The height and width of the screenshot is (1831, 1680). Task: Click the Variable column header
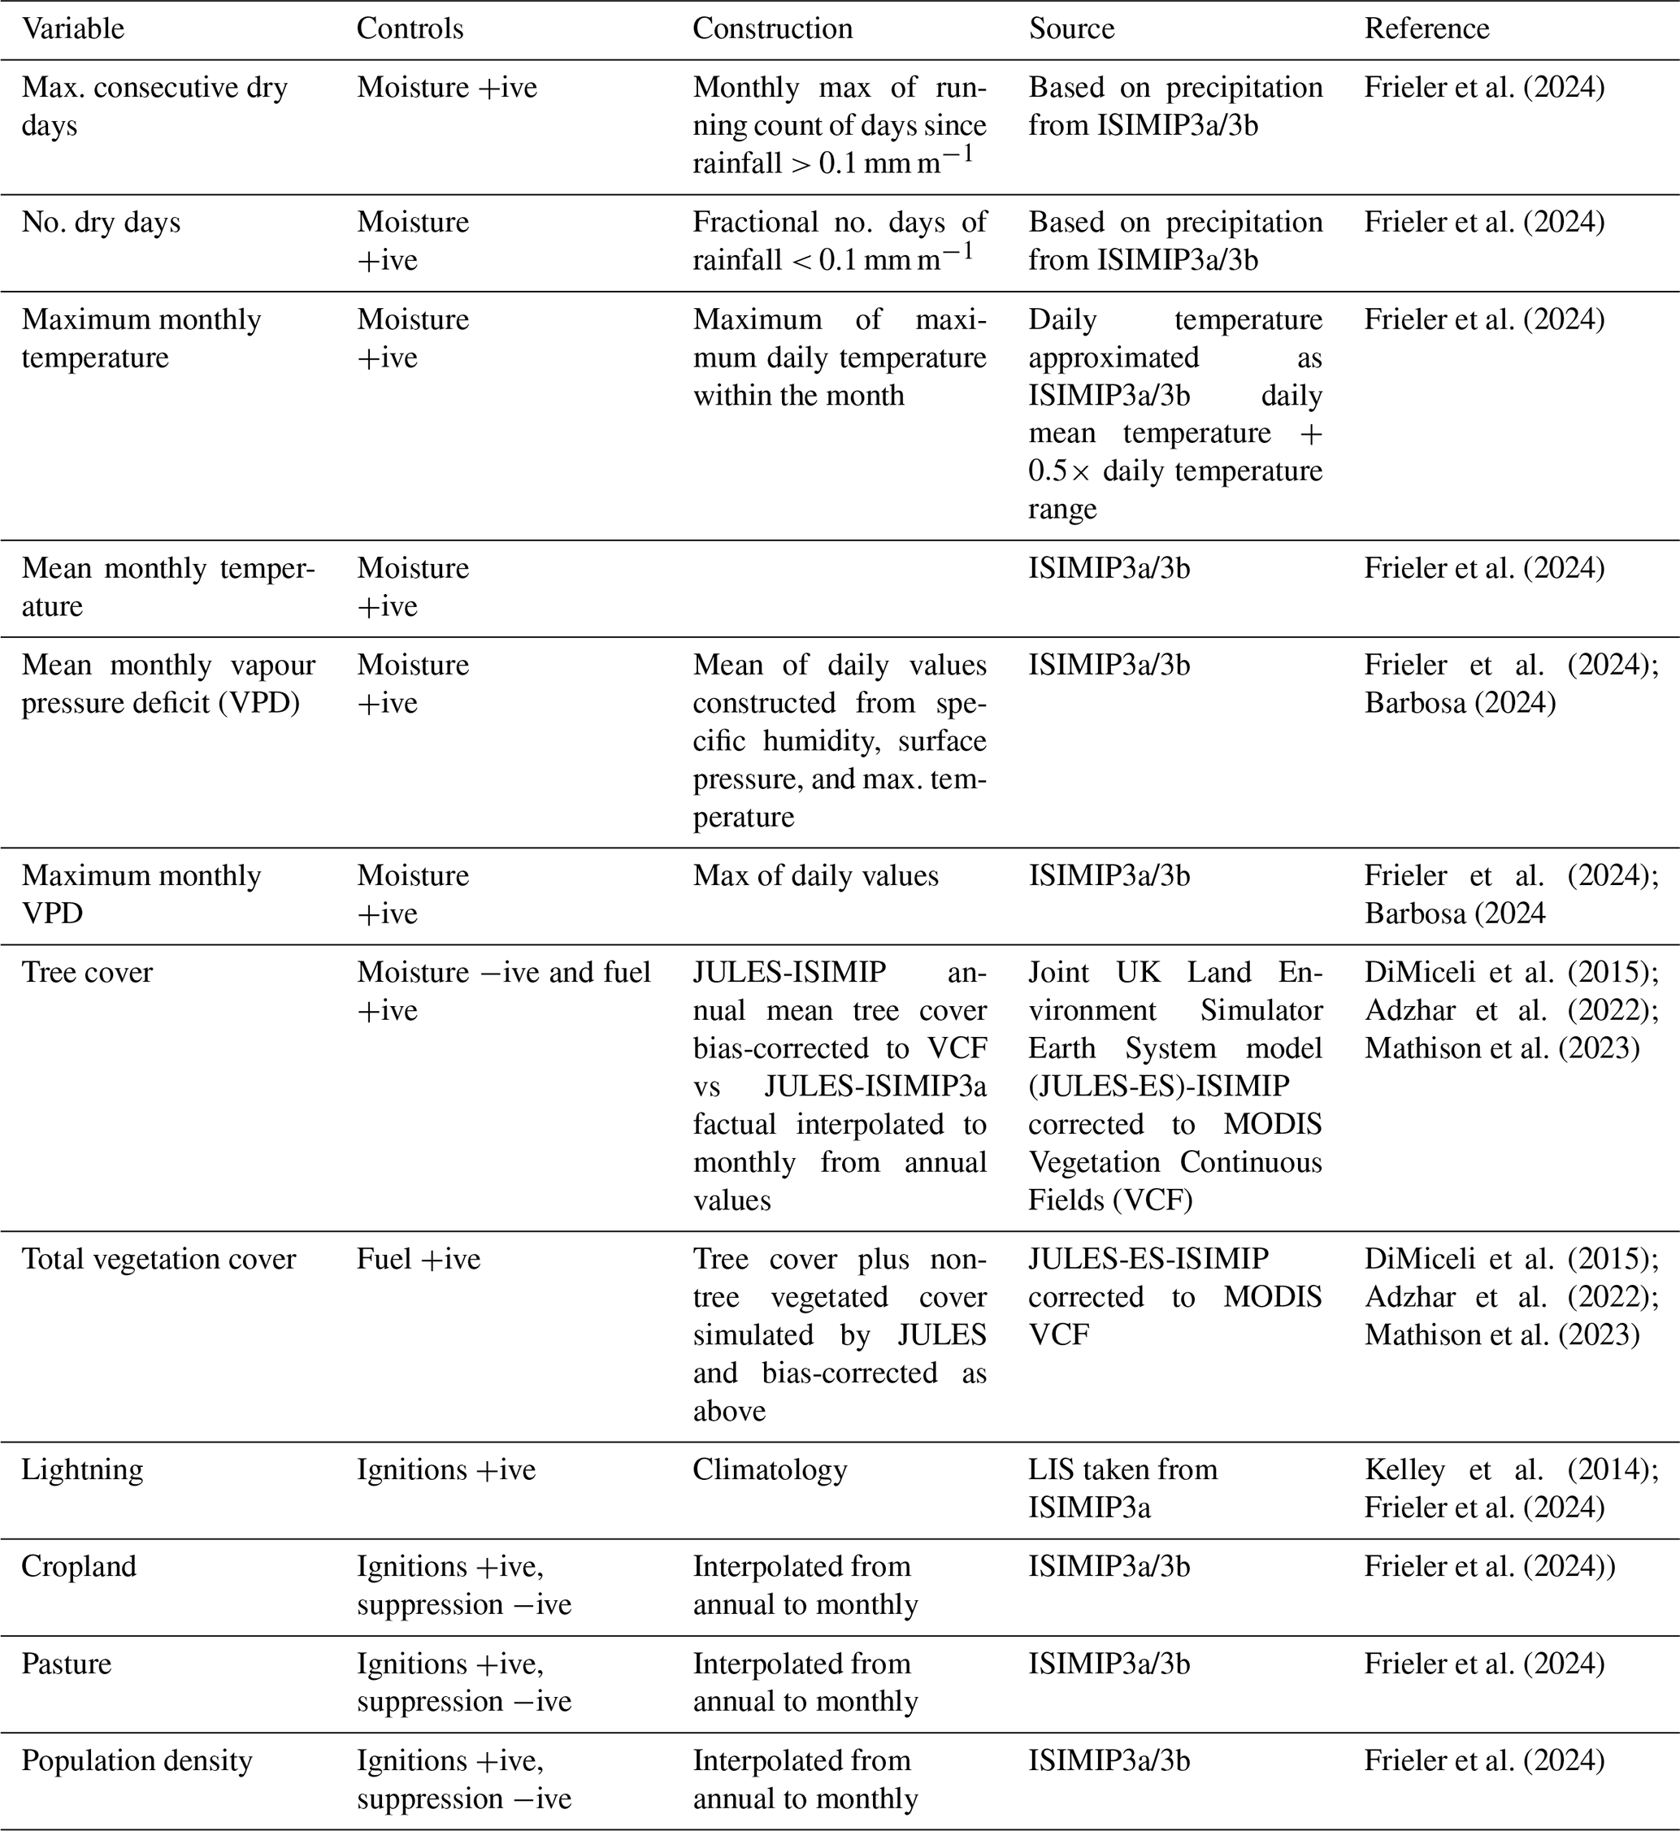pos(72,29)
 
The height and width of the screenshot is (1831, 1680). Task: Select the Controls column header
pos(410,29)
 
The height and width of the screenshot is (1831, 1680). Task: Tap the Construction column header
pos(773,29)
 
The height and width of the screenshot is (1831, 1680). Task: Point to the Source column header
pos(1071,29)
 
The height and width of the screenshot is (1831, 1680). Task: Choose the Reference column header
pos(1426,29)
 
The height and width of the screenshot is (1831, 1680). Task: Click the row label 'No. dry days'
pos(101,223)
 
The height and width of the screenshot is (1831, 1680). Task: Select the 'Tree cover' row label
pos(87,973)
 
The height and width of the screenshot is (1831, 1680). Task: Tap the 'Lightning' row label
pos(82,1470)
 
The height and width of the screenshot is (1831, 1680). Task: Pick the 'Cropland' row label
pos(78,1566)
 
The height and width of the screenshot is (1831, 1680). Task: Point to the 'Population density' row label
pos(137,1761)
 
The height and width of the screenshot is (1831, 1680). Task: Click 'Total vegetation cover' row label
pos(158,1259)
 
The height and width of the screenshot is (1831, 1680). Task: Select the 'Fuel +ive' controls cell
pos(419,1259)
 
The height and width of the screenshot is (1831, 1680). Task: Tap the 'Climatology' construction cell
pos(769,1470)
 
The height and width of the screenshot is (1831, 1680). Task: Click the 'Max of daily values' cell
pos(815,875)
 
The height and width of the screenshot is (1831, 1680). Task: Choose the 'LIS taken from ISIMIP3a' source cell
pos(1122,1488)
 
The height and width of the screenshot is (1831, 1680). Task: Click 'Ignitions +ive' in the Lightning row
pos(445,1470)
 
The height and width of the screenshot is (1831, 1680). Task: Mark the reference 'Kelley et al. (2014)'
pos(1511,1470)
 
